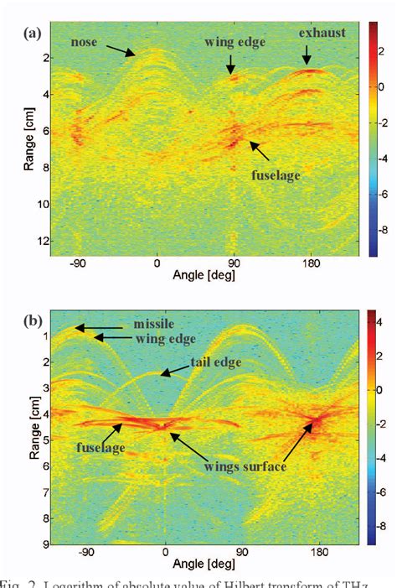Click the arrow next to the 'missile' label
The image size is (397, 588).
coord(101,327)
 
